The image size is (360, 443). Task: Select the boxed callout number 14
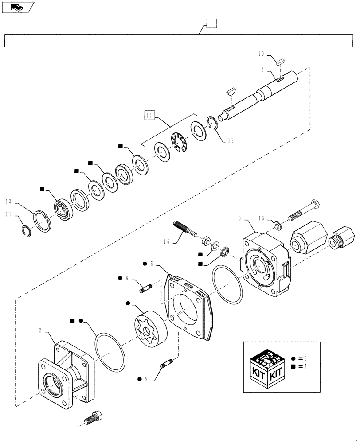click(x=149, y=116)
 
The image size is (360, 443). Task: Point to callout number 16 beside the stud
click(x=167, y=241)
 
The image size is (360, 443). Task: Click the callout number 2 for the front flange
click(x=40, y=330)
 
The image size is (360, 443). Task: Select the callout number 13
click(x=8, y=202)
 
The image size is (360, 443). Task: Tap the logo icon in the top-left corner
click(x=18, y=7)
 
